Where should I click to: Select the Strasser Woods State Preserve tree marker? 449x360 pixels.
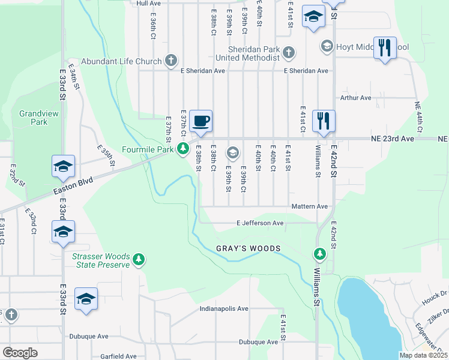[139, 259]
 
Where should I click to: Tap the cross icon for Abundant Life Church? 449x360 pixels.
[171, 61]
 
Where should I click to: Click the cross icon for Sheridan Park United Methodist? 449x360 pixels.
[289, 53]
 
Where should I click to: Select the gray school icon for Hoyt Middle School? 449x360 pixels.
[327, 46]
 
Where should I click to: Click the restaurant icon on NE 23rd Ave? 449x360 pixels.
[324, 121]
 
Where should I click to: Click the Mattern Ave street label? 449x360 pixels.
[309, 206]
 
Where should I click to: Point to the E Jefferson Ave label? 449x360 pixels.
[260, 223]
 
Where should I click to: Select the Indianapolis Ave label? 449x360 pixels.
[224, 308]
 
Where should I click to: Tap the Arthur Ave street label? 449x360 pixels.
[356, 97]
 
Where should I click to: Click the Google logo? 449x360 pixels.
[20, 353]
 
